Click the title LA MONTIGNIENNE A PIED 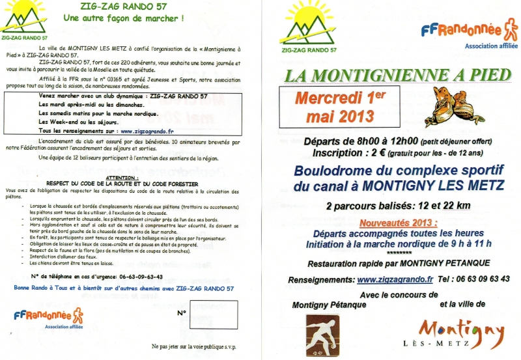397,75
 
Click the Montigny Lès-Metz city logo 462,334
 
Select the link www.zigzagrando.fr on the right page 395,279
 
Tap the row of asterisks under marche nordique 399,253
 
